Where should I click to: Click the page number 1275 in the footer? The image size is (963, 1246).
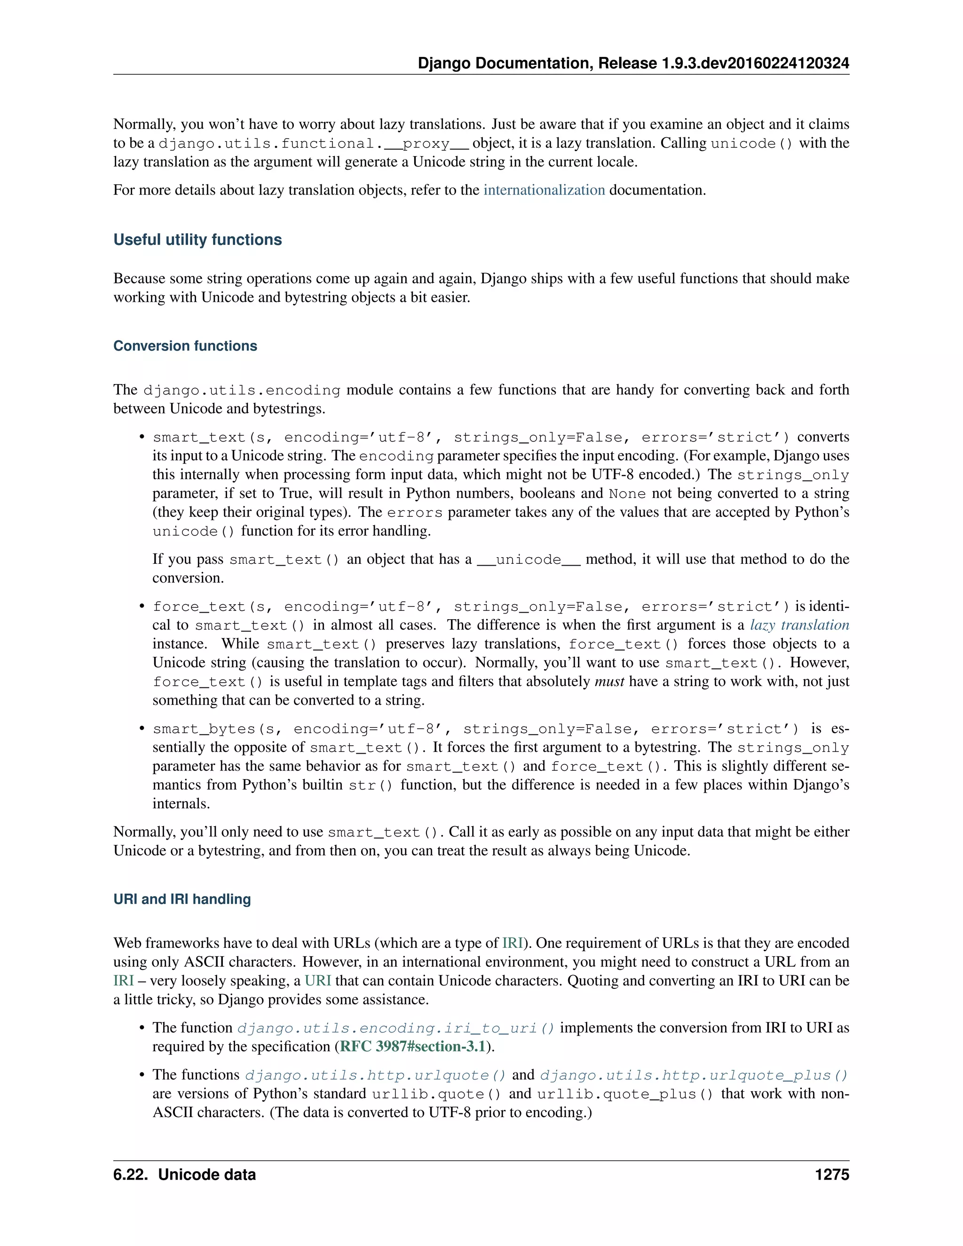tap(832, 1175)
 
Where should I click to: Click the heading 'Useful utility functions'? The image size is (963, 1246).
tap(197, 240)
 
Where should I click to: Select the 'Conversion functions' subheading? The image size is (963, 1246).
tap(185, 346)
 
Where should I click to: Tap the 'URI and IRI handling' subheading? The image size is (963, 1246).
tap(182, 899)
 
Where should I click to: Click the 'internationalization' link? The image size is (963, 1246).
tap(544, 190)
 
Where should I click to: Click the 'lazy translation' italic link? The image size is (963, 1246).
tap(799, 625)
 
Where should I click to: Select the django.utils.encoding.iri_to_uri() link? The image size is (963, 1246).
tap(396, 1028)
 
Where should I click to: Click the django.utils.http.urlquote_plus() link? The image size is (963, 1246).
tap(694, 1075)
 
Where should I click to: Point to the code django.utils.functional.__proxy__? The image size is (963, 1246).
tap(313, 143)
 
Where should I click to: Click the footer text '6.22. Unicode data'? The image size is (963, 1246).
tap(184, 1175)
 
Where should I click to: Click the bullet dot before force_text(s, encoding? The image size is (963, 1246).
tap(142, 607)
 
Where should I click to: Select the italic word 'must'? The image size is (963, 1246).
tap(609, 682)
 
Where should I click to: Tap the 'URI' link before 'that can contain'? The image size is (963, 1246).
tap(318, 981)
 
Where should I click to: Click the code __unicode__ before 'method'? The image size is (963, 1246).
tap(528, 560)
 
